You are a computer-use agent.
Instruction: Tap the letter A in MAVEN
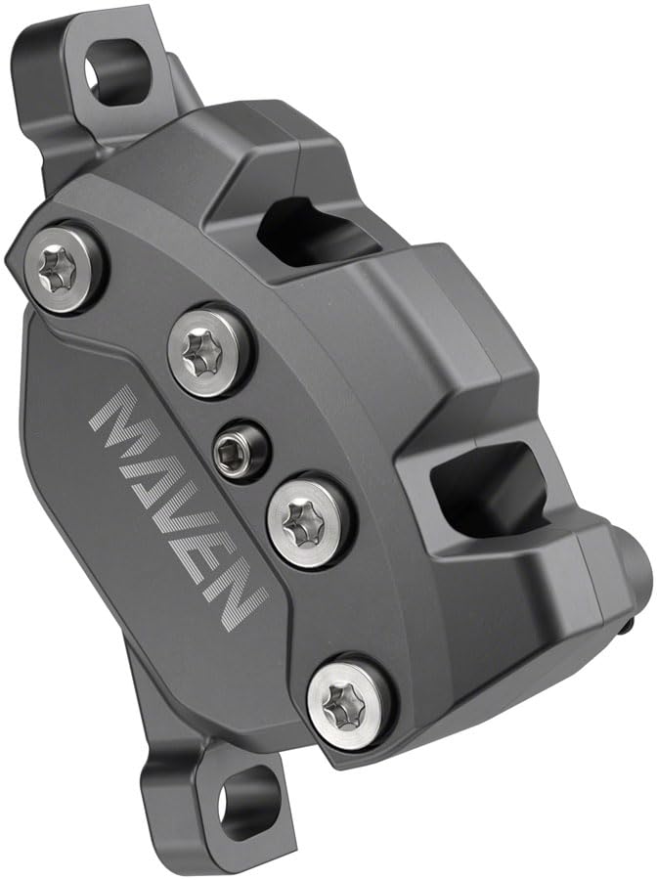coord(153,467)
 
